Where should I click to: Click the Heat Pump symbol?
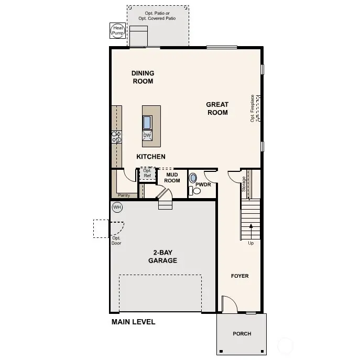pyautogui.click(x=116, y=30)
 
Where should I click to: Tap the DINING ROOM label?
pyautogui.click(x=143, y=78)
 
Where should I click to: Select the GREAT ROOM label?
pyautogui.click(x=217, y=108)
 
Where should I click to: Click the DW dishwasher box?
pyautogui.click(x=147, y=135)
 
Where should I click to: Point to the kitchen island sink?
pyautogui.click(x=147, y=122)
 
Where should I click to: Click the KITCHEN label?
pyautogui.click(x=151, y=157)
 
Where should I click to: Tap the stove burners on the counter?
pyautogui.click(x=116, y=137)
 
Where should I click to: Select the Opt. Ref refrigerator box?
pyautogui.click(x=147, y=173)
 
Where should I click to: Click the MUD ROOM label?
pyautogui.click(x=172, y=178)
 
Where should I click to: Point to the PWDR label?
pyautogui.click(x=203, y=185)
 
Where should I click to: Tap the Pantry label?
pyautogui.click(x=124, y=195)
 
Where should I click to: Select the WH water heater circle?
pyautogui.click(x=117, y=208)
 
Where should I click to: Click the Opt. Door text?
pyautogui.click(x=116, y=241)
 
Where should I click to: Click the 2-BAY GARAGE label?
pyautogui.click(x=162, y=256)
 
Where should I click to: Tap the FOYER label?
pyautogui.click(x=239, y=276)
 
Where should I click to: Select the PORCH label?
pyautogui.click(x=242, y=334)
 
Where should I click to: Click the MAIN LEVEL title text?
pyautogui.click(x=133, y=322)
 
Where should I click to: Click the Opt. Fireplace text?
pyautogui.click(x=253, y=108)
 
